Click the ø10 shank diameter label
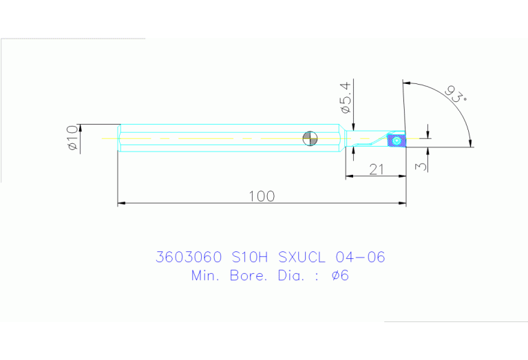(72, 138)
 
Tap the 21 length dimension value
(376, 169)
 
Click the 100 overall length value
(262, 196)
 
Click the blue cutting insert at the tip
(397, 140)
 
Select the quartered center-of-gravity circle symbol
(310, 138)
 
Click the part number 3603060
(189, 257)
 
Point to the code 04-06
(359, 257)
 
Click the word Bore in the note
(248, 276)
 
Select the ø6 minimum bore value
(340, 276)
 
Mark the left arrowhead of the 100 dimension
(122, 203)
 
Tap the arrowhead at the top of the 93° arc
(407, 83)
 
